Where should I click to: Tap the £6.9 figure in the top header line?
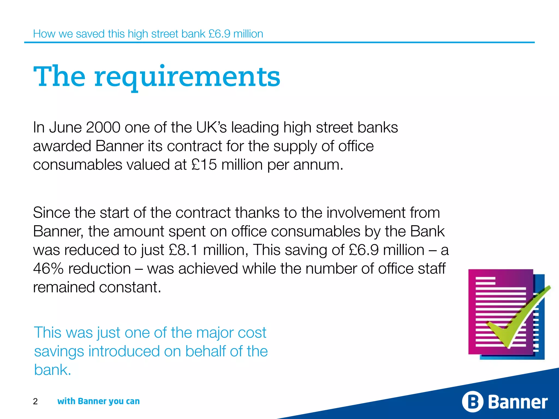coord(219,34)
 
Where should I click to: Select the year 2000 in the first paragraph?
coord(103,127)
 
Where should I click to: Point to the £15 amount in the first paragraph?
coord(204,165)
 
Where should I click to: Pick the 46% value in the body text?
coord(48,268)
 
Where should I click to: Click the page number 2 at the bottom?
coord(35,401)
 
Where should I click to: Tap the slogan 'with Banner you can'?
coord(99,401)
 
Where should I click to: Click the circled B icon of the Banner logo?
coord(472,402)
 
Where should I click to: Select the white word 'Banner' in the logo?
coord(518,402)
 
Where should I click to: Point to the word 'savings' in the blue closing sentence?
coord(59,351)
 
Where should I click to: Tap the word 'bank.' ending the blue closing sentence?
coord(52,370)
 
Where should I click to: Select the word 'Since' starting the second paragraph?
coord(51,213)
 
